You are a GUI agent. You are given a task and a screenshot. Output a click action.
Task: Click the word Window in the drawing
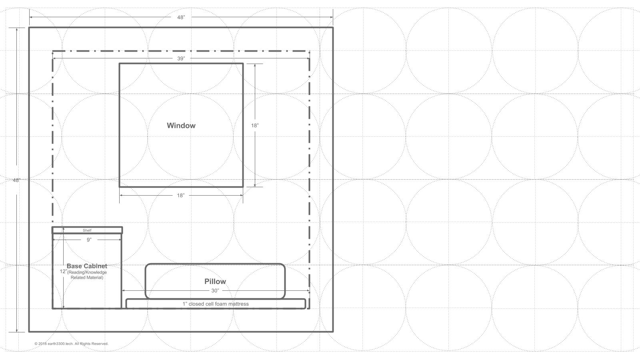click(181, 126)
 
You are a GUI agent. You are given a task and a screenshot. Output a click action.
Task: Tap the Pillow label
click(215, 282)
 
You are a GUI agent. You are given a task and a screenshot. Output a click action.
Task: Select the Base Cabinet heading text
click(87, 266)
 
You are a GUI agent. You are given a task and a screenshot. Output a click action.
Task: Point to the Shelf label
click(87, 230)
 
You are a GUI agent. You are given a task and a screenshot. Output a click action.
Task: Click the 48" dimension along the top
click(181, 18)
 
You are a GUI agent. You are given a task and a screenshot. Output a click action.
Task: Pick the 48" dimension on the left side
click(16, 180)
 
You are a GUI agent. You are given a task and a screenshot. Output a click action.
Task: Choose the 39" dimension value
click(181, 58)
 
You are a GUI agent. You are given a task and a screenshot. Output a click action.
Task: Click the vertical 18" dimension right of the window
click(255, 126)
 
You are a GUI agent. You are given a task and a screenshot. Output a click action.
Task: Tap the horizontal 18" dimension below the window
click(180, 196)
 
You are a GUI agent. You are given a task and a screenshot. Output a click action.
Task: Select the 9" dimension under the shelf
click(89, 240)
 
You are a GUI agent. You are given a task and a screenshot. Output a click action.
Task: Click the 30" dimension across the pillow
click(215, 290)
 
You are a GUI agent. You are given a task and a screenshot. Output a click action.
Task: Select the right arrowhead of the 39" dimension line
click(308, 58)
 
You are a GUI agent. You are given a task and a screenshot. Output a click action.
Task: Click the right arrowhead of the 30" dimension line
click(308, 290)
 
